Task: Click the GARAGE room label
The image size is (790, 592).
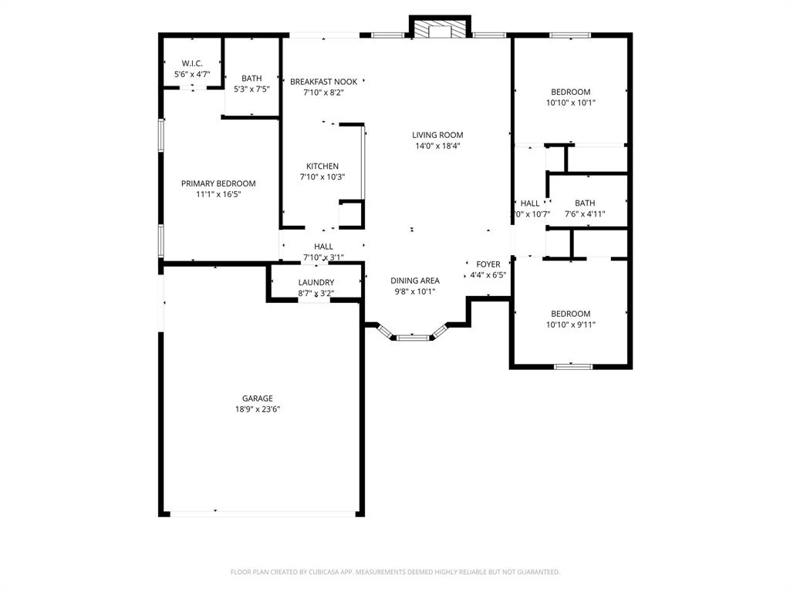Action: click(x=257, y=399)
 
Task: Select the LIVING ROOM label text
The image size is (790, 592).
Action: click(x=437, y=135)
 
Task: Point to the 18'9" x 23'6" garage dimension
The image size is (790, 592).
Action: click(x=257, y=409)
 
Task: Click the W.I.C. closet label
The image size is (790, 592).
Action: click(x=192, y=63)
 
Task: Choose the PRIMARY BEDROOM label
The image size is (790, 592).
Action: click(x=218, y=183)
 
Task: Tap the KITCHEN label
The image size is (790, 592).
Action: click(x=322, y=166)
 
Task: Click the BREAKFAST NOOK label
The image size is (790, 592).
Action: click(x=323, y=81)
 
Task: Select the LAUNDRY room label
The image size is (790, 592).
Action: click(x=316, y=282)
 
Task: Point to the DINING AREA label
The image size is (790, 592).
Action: click(x=415, y=281)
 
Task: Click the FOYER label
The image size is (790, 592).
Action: click(x=488, y=264)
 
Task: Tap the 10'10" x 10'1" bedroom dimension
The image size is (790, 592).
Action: click(x=571, y=103)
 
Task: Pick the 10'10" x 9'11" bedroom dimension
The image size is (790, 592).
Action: click(x=571, y=325)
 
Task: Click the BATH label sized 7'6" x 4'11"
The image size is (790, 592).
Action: click(x=585, y=203)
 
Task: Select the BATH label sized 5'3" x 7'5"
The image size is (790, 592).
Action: click(x=252, y=78)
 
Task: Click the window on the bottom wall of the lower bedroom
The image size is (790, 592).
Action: click(x=573, y=366)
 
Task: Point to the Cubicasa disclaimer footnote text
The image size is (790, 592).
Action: click(x=395, y=572)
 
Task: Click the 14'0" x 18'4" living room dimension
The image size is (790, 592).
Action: click(x=437, y=146)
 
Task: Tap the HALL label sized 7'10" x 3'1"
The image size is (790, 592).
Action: click(x=323, y=247)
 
